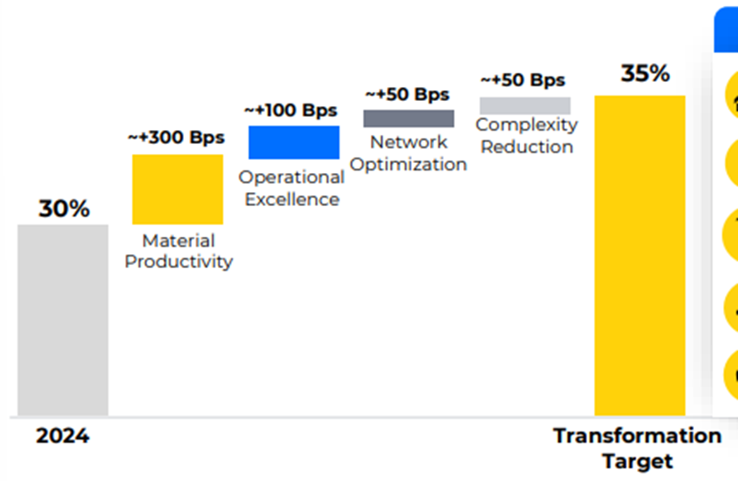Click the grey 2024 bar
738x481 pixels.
tap(63, 320)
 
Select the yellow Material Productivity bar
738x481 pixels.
tap(177, 189)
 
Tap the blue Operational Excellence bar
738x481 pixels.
tap(294, 142)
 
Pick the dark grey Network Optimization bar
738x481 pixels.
tap(408, 118)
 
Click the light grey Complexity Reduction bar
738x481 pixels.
tap(525, 105)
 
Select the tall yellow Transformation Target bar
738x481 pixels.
tap(639, 255)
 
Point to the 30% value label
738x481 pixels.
tap(64, 209)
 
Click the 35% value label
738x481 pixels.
tap(645, 74)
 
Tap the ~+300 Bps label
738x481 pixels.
tap(176, 137)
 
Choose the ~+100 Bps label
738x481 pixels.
tap(291, 110)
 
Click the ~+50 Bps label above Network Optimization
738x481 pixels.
tap(407, 94)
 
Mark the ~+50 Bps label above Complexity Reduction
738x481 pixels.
tap(523, 80)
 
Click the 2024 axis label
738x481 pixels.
tap(62, 436)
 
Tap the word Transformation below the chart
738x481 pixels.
tap(637, 435)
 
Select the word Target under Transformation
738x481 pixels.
tap(638, 461)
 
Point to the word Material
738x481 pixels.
tap(179, 241)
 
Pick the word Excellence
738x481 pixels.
tap(292, 200)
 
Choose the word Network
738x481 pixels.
tap(408, 142)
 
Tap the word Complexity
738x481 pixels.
tap(527, 125)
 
